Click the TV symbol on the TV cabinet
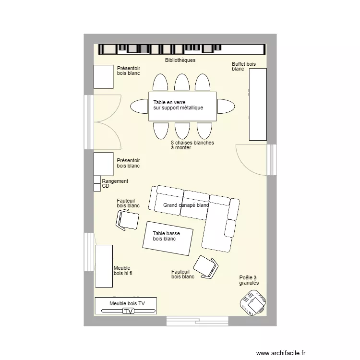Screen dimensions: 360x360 128,311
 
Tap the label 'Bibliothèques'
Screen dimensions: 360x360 180,60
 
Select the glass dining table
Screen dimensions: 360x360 182,106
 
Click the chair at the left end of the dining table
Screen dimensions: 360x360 139,106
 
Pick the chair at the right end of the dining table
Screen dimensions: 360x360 226,106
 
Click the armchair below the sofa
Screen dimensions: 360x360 205,267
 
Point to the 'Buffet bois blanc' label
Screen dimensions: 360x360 244,66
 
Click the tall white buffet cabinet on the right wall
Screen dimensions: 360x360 257,104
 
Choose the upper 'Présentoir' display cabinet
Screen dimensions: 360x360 103,77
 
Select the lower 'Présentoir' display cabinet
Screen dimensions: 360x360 103,164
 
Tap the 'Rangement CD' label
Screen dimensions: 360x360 115,183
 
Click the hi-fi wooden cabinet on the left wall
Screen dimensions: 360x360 104,266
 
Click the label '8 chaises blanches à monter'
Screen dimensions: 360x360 192,145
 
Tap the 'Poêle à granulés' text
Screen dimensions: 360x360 249,280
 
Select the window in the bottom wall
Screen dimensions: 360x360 197,320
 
